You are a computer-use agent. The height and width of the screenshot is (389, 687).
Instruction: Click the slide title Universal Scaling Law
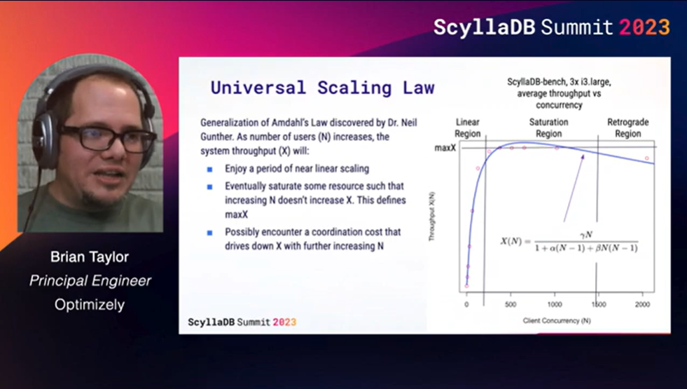click(x=322, y=88)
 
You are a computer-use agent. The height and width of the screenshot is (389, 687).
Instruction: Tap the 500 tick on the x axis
click(x=511, y=304)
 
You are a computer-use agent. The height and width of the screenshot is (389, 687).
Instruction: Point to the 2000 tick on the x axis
click(x=643, y=304)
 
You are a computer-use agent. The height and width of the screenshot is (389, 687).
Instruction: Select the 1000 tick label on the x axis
click(x=555, y=304)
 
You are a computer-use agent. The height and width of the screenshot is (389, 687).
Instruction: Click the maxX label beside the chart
click(x=445, y=148)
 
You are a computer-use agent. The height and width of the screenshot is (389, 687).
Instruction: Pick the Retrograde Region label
click(x=628, y=128)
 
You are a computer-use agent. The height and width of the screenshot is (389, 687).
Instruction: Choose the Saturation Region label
click(x=548, y=128)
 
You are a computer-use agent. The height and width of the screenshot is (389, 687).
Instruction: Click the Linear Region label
click(x=468, y=128)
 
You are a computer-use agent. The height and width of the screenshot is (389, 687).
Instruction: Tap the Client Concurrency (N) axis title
click(x=557, y=320)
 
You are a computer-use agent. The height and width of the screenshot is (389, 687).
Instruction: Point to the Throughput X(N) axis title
click(x=431, y=216)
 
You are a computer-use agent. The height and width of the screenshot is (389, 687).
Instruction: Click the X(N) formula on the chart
click(x=569, y=242)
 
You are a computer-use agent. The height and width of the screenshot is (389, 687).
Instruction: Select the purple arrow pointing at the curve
click(x=574, y=188)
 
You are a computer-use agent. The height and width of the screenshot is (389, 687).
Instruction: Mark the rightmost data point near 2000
click(x=646, y=158)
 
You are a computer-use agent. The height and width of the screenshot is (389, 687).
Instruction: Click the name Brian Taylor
click(x=90, y=257)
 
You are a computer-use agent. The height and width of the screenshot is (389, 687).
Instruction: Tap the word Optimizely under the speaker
click(x=90, y=305)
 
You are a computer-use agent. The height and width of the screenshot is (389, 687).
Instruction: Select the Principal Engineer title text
click(x=90, y=280)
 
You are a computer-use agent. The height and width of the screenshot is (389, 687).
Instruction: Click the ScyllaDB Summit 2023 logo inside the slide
click(x=242, y=322)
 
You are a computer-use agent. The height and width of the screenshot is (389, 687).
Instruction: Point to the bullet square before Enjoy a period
click(x=210, y=170)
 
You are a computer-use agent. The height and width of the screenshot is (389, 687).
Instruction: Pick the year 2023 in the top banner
click(x=644, y=27)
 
